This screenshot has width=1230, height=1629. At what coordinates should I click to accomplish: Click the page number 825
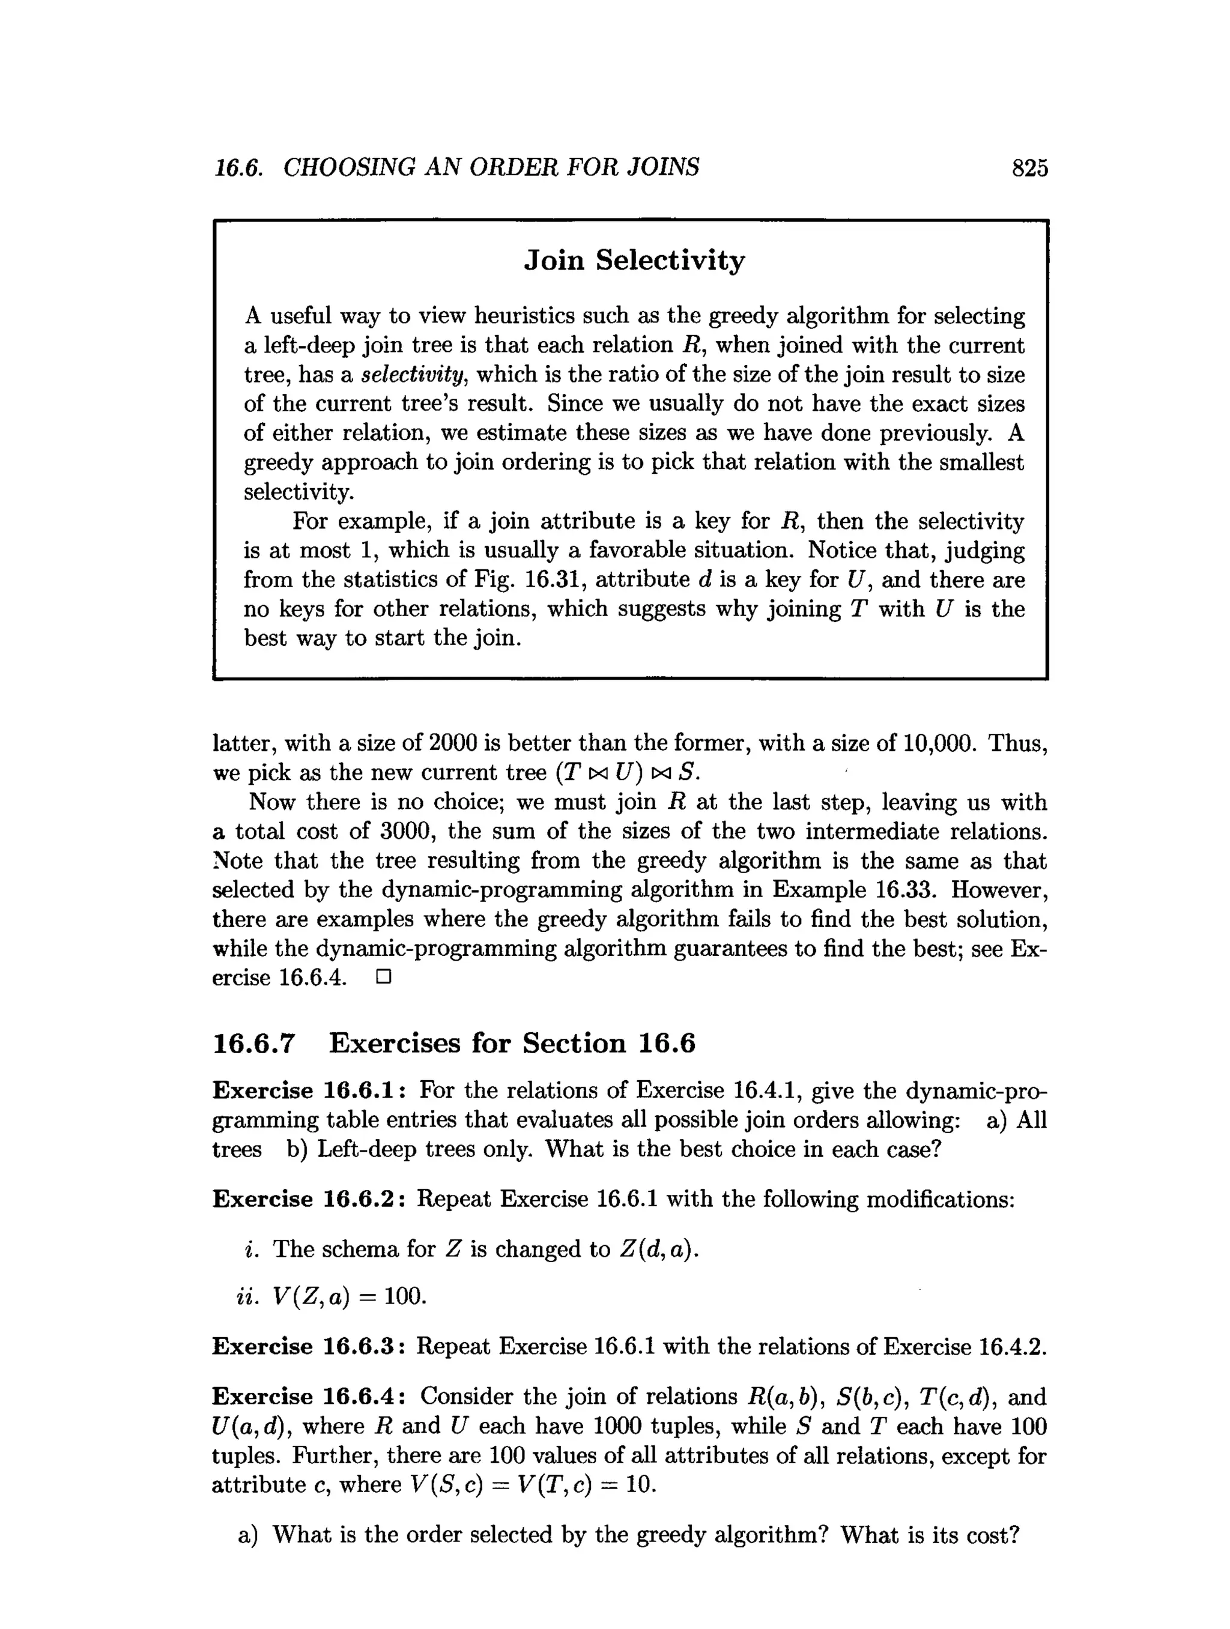[x=1029, y=169]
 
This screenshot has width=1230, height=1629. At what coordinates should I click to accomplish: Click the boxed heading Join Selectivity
[x=634, y=260]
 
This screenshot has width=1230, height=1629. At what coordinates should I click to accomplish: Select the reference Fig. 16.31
[x=527, y=579]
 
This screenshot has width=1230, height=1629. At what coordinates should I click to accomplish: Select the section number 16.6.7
[x=253, y=1043]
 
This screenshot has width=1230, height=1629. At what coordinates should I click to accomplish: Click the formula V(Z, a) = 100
[x=349, y=1296]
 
